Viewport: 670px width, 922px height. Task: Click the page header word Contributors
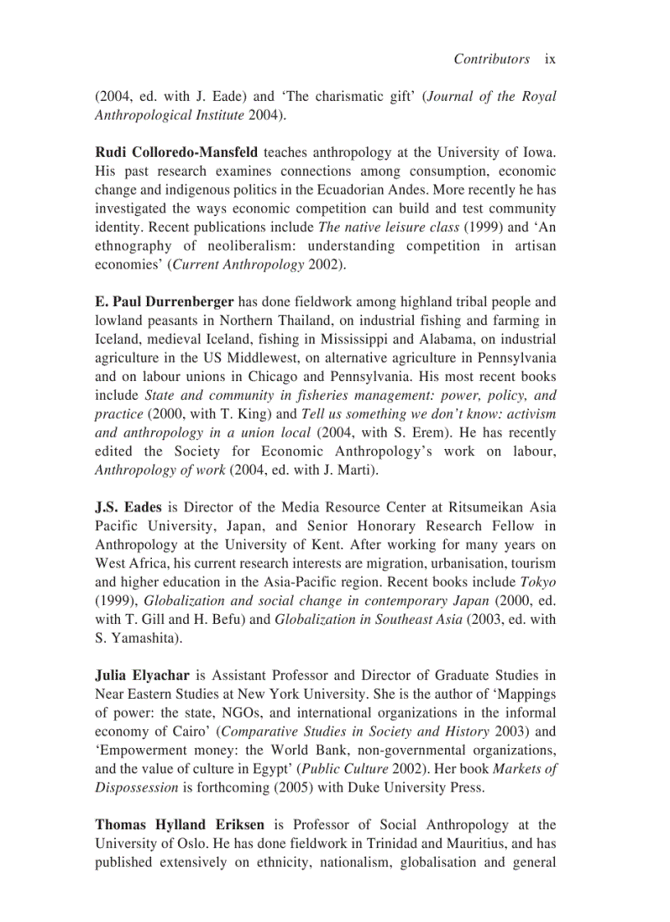coord(491,59)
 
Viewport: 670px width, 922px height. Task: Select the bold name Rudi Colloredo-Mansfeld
coord(177,153)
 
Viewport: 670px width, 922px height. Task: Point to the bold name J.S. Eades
coord(128,507)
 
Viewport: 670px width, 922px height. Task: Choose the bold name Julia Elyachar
coord(142,676)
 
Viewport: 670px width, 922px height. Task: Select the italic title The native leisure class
coord(388,227)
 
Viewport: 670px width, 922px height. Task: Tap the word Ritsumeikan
coord(457,507)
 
